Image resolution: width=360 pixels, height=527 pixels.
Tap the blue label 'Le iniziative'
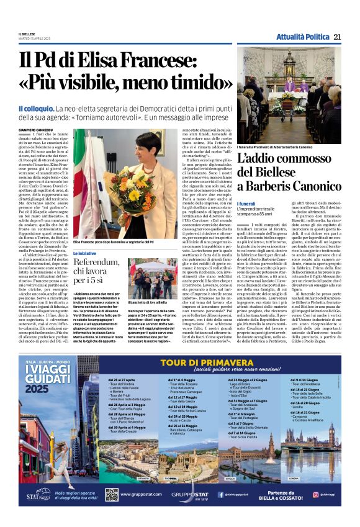pyautogui.click(x=84, y=253)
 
